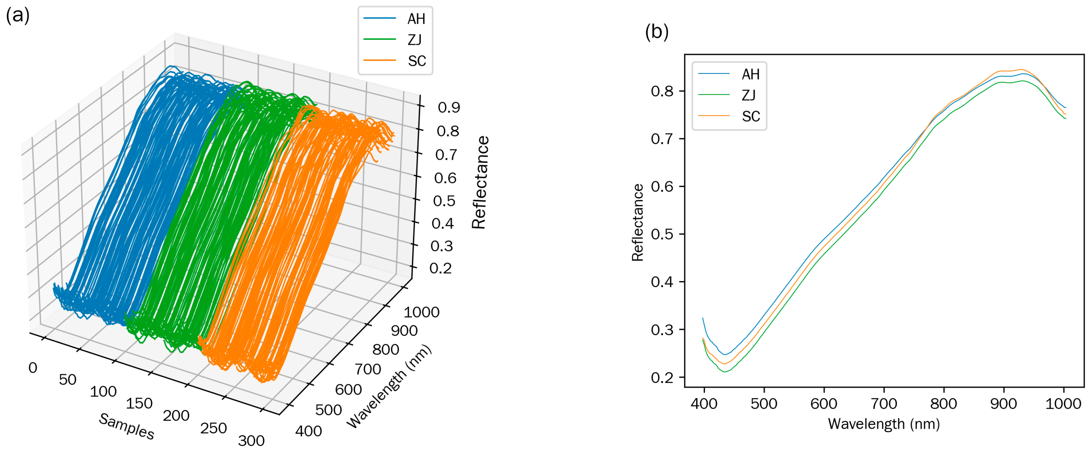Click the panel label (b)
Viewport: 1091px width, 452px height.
tap(657, 32)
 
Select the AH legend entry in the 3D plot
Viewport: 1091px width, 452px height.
tap(415, 19)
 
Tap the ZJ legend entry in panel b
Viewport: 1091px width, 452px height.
tap(748, 95)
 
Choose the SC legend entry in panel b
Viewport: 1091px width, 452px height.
tap(750, 116)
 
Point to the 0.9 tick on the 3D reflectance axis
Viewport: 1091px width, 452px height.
tap(448, 107)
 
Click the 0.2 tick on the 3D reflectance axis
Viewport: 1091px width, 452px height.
tap(441, 268)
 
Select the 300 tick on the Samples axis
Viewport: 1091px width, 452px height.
tap(251, 441)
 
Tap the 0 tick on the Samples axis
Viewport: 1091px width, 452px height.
tap(33, 368)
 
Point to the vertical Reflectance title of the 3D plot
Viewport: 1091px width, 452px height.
tap(480, 182)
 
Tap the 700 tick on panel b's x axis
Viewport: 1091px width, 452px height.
tap(884, 404)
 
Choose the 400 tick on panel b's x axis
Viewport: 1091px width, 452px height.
tap(704, 404)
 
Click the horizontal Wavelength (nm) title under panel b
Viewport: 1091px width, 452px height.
tap(884, 424)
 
